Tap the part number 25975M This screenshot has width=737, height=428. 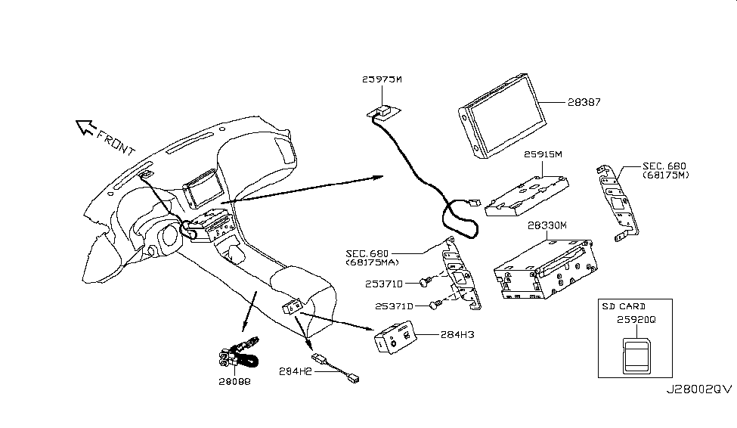point(382,79)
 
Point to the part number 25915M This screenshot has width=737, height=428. point(543,154)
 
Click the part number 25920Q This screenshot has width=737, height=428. point(637,320)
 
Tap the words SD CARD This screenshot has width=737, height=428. point(624,306)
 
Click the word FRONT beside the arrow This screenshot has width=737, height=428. point(113,141)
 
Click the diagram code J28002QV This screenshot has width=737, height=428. point(698,389)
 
